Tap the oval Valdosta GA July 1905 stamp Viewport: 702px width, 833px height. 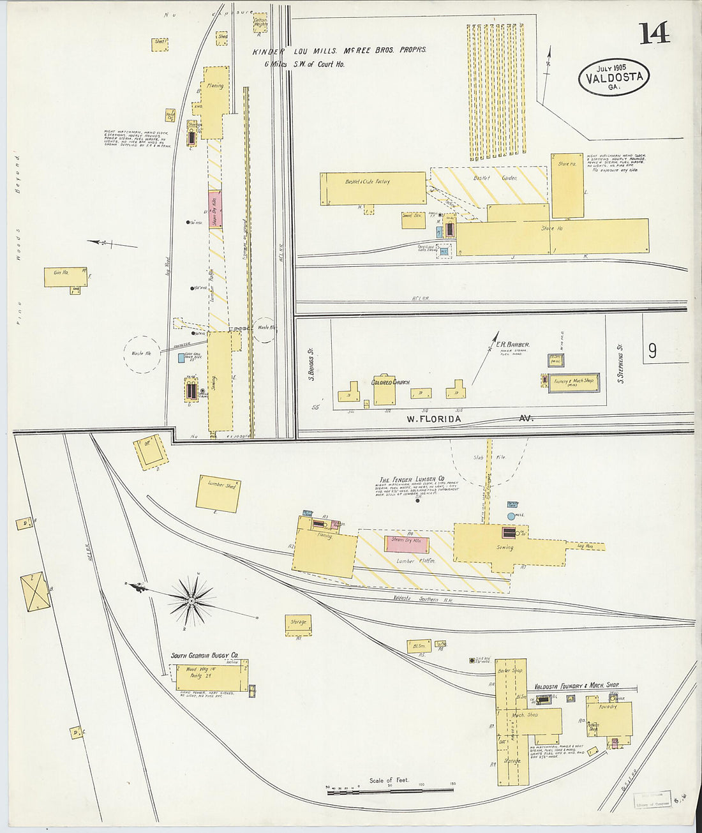tap(614, 77)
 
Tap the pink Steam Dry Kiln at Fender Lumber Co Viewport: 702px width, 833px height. tap(407, 544)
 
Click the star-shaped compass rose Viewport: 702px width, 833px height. tap(191, 600)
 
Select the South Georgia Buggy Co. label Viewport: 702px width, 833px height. tap(204, 655)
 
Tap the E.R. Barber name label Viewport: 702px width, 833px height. tap(513, 345)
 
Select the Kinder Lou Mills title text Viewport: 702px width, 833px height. tap(338, 51)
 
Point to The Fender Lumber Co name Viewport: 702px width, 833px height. tap(412, 479)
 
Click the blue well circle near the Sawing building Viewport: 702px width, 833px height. tap(511, 515)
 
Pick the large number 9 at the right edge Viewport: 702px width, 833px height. tap(652, 350)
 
